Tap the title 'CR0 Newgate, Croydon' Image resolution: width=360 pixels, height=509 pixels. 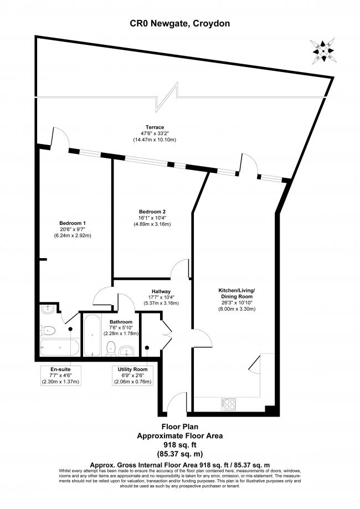pyautogui.click(x=180, y=23)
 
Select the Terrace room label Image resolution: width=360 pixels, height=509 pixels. pyautogui.click(x=155, y=127)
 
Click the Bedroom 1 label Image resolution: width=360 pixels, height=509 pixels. pyautogui.click(x=73, y=223)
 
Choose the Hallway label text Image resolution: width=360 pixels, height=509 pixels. pyautogui.click(x=161, y=291)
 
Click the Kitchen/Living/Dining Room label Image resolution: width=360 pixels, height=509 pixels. pyautogui.click(x=236, y=293)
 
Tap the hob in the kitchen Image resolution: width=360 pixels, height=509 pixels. pyautogui.click(x=228, y=404)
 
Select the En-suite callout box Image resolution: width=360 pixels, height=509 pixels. pyautogui.click(x=60, y=376)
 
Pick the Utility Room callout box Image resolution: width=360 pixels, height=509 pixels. pyautogui.click(x=132, y=376)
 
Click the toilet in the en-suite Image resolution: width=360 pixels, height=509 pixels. pyautogui.click(x=48, y=331)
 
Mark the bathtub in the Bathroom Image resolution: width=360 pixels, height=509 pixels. pyautogui.click(x=92, y=335)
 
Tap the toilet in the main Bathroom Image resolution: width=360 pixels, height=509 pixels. pyautogui.click(x=111, y=349)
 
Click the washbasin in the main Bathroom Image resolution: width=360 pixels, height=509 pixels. pyautogui.click(x=127, y=351)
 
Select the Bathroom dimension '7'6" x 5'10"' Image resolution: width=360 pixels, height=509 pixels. pyautogui.click(x=121, y=327)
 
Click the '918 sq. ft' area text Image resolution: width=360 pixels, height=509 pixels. pyautogui.click(x=180, y=445)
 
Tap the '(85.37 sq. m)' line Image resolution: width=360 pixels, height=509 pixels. pyautogui.click(x=180, y=454)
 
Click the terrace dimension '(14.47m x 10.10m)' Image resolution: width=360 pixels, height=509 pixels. pyautogui.click(x=155, y=140)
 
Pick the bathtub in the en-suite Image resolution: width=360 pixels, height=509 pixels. pyautogui.click(x=59, y=347)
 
